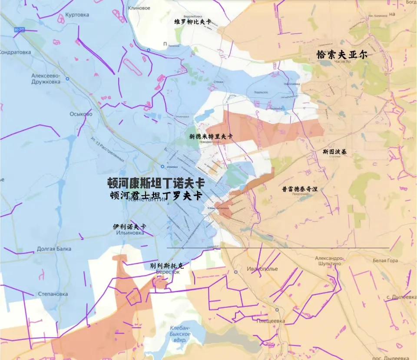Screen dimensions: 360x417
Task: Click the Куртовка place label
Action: tap(77, 15)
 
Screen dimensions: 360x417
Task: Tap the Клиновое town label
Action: tap(139, 8)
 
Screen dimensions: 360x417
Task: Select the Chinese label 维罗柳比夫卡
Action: tap(192, 22)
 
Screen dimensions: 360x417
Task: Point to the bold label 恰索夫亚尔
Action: tap(342, 54)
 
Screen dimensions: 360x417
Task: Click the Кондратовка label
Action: tap(16, 52)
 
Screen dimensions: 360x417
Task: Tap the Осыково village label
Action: tap(81, 114)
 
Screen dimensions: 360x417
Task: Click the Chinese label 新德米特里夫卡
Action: tap(211, 136)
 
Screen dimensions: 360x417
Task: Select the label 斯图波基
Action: tap(334, 152)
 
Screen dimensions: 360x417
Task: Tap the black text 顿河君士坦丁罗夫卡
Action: tap(156, 196)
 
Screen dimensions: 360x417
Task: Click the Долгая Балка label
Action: tap(54, 249)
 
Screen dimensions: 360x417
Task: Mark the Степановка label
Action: tap(53, 294)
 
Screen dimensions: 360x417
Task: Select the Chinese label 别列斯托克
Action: tap(167, 265)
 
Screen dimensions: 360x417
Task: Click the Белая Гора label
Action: tap(385, 260)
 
